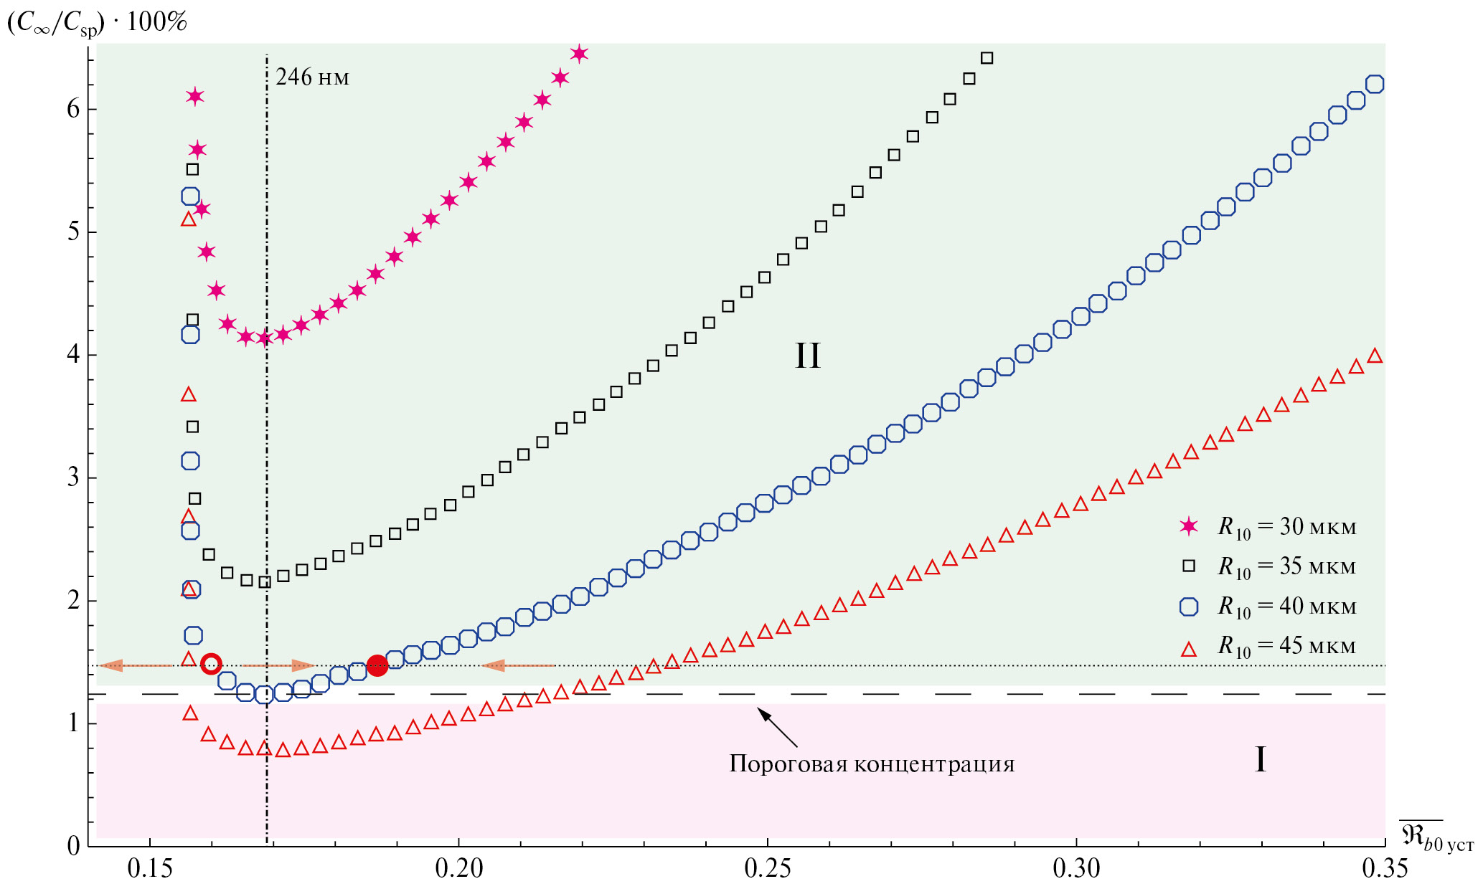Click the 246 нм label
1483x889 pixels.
[x=312, y=77]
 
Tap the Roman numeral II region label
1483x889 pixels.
[x=807, y=356]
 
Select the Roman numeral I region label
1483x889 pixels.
[x=1260, y=759]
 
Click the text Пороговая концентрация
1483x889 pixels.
[x=872, y=764]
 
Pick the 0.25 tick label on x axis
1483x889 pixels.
[x=767, y=869]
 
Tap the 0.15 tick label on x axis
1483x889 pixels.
[x=150, y=869]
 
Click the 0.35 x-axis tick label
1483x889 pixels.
[x=1385, y=869]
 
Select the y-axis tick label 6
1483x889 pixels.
[x=73, y=109]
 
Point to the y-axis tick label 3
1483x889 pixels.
[x=73, y=477]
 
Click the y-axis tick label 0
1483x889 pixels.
[x=73, y=846]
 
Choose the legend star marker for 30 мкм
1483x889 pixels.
[x=1189, y=527]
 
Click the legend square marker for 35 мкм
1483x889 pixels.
[x=1189, y=566]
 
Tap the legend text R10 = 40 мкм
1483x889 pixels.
[x=1287, y=607]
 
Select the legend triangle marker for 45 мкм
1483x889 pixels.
[x=1189, y=650]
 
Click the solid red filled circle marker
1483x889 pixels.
[x=377, y=665]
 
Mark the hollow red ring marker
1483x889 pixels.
[x=211, y=664]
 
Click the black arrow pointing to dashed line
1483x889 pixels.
[x=776, y=726]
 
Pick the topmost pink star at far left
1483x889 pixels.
[x=195, y=97]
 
